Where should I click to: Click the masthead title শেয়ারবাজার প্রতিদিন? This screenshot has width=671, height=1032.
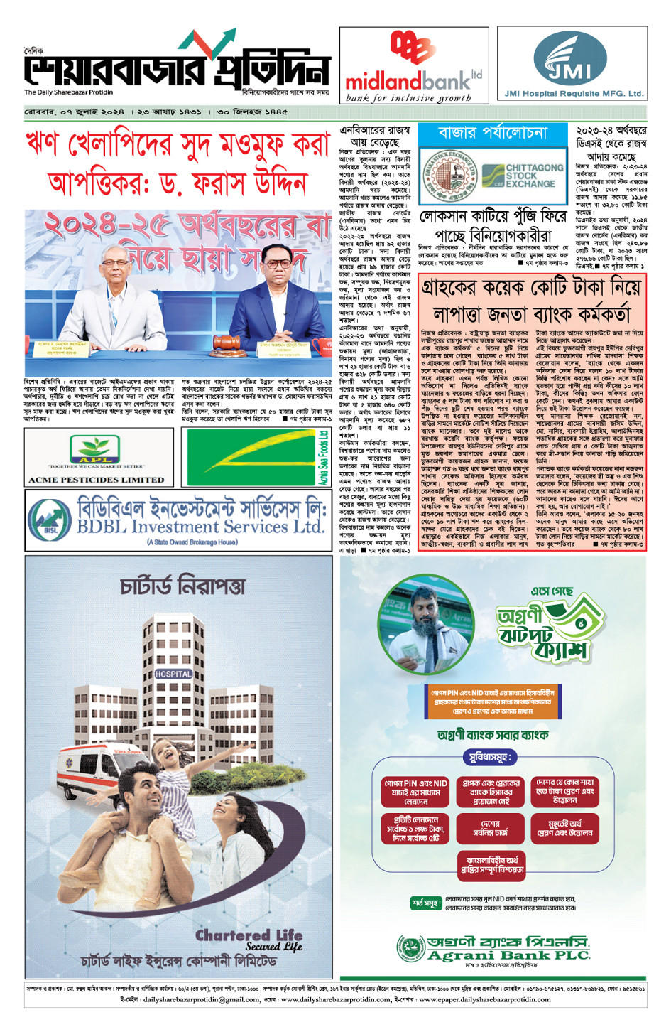click(x=178, y=70)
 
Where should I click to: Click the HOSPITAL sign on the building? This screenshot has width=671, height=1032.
click(x=173, y=674)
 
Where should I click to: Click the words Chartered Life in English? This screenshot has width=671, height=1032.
click(x=249, y=935)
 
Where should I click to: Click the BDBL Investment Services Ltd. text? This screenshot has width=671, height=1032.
click(x=200, y=527)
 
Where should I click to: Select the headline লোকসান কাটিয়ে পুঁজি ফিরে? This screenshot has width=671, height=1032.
click(x=493, y=217)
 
